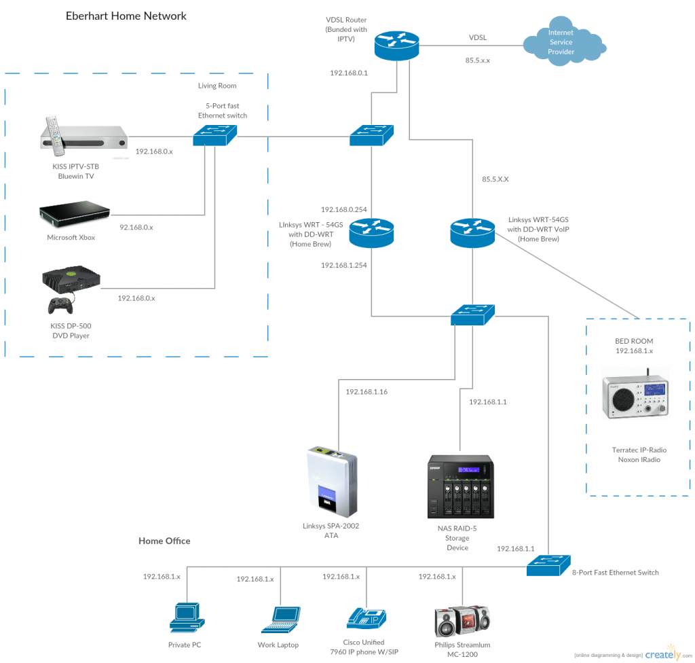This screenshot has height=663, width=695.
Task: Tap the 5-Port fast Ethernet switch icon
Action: [x=215, y=137]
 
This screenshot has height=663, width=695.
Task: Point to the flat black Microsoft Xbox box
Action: [x=73, y=214]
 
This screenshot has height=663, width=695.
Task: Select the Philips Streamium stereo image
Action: [x=462, y=620]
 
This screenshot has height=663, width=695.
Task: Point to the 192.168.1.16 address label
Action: [x=367, y=392]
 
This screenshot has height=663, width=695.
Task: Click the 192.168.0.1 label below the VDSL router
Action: [x=348, y=73]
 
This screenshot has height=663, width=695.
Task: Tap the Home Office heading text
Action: [x=164, y=541]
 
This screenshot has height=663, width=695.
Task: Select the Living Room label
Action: [x=217, y=86]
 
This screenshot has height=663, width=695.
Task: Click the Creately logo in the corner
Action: [x=662, y=653]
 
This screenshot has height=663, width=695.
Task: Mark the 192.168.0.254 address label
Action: [x=343, y=209]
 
